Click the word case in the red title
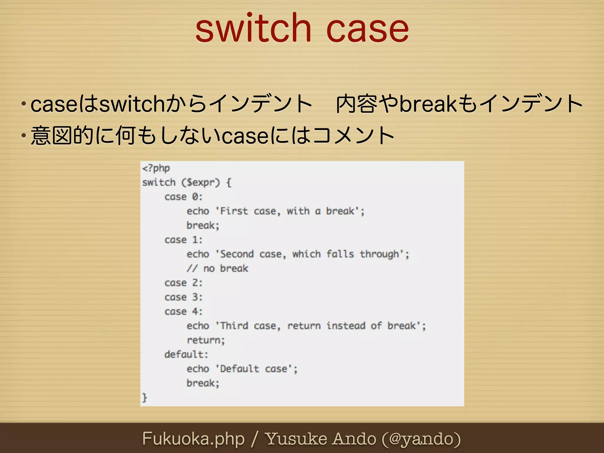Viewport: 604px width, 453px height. click(367, 29)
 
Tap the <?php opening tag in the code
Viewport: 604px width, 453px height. click(156, 168)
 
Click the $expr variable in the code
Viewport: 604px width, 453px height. click(201, 183)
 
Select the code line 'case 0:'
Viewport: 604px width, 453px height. click(183, 197)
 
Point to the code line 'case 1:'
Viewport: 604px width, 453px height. click(183, 240)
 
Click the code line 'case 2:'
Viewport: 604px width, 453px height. click(183, 283)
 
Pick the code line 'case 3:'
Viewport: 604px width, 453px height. click(183, 297)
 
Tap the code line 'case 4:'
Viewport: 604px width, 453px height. click(183, 312)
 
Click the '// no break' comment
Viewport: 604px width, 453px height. click(217, 269)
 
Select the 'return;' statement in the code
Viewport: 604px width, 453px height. click(206, 340)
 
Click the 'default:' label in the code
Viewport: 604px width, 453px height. click(186, 354)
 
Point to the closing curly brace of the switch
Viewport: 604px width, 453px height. click(145, 398)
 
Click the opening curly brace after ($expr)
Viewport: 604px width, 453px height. click(229, 183)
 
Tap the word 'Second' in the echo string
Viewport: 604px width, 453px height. click(237, 254)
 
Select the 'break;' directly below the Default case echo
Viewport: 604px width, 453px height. click(203, 383)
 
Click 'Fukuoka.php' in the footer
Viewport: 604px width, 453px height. click(193, 439)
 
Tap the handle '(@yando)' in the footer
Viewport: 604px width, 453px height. click(421, 439)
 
